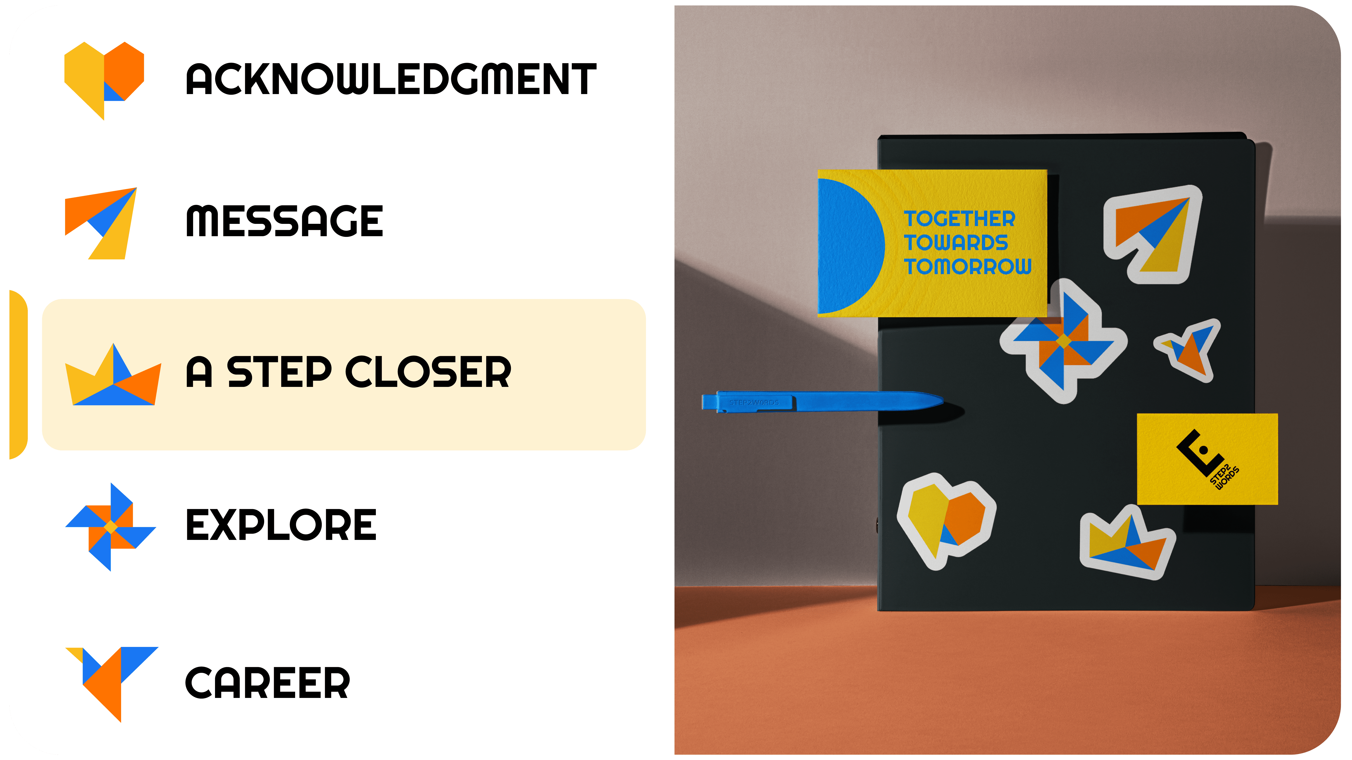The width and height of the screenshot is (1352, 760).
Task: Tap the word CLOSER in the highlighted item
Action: tap(428, 372)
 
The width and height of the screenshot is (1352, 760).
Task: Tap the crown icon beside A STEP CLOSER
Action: tap(113, 378)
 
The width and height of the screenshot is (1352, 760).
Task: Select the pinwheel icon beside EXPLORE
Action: tap(111, 527)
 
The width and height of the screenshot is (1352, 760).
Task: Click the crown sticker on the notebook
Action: tap(1126, 546)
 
